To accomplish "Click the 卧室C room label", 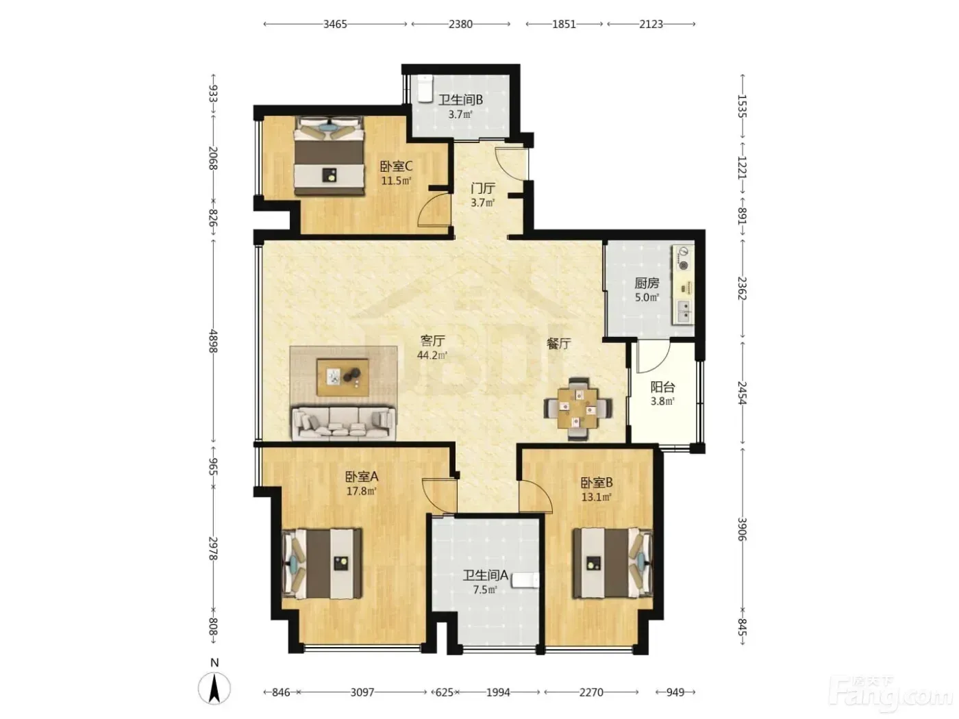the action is click(x=396, y=166).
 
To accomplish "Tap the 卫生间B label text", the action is click(x=460, y=100).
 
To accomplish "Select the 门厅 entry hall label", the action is click(x=483, y=188).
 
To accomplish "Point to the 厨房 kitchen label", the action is click(x=647, y=283).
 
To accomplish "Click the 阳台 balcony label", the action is click(x=662, y=387).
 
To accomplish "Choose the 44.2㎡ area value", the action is click(x=432, y=355).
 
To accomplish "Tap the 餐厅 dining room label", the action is click(x=558, y=344).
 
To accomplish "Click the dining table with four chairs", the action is click(x=577, y=409).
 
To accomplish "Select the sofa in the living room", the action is click(x=343, y=422).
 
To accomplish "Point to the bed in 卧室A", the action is click(x=322, y=564).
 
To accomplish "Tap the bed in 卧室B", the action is click(x=613, y=563).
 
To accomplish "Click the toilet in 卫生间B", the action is click(x=424, y=88).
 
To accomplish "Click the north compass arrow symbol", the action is click(x=214, y=688).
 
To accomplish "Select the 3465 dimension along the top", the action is click(x=335, y=24).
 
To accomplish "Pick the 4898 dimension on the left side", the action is click(x=213, y=341).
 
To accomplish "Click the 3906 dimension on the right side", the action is click(x=742, y=529).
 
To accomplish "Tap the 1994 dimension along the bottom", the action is click(x=498, y=692).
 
